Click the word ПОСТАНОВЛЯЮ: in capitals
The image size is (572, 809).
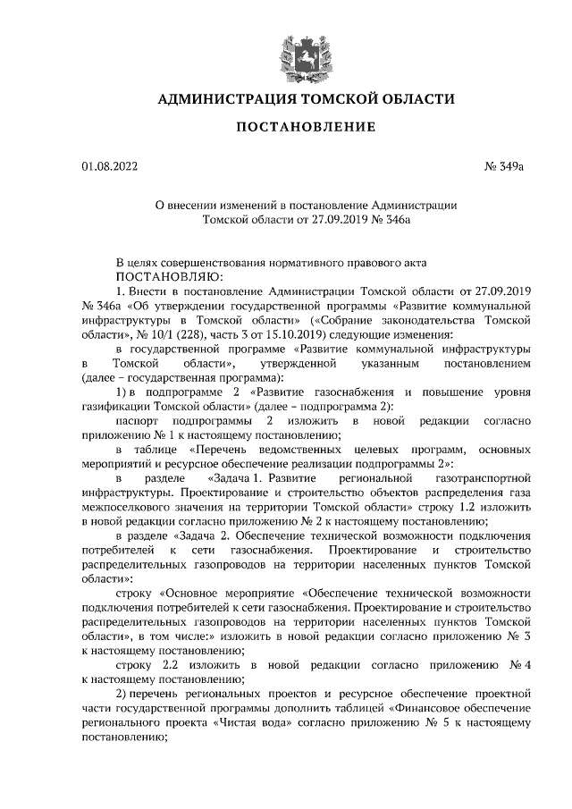168,276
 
